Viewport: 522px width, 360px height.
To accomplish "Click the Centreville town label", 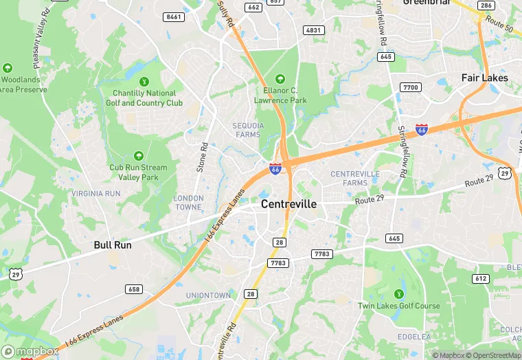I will [288, 204].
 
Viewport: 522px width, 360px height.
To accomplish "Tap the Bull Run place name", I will [113, 244].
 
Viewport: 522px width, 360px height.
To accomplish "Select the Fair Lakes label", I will [484, 78].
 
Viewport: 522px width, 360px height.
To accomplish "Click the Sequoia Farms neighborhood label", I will [247, 130].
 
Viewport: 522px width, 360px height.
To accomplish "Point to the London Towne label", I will [188, 202].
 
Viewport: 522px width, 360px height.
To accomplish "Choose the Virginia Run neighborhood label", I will [95, 194].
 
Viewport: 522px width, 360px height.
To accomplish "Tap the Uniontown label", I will [208, 295].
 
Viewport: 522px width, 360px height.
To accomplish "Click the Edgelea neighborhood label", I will [414, 337].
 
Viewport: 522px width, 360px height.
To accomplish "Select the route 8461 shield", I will [174, 16].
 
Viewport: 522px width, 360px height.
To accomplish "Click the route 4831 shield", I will [314, 30].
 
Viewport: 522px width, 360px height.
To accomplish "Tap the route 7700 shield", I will [411, 87].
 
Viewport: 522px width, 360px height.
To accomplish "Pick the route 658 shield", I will [134, 289].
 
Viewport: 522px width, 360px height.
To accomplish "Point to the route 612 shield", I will [481, 278].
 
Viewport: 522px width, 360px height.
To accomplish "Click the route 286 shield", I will [486, 5].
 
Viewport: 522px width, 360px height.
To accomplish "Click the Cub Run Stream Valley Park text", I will [138, 172].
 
